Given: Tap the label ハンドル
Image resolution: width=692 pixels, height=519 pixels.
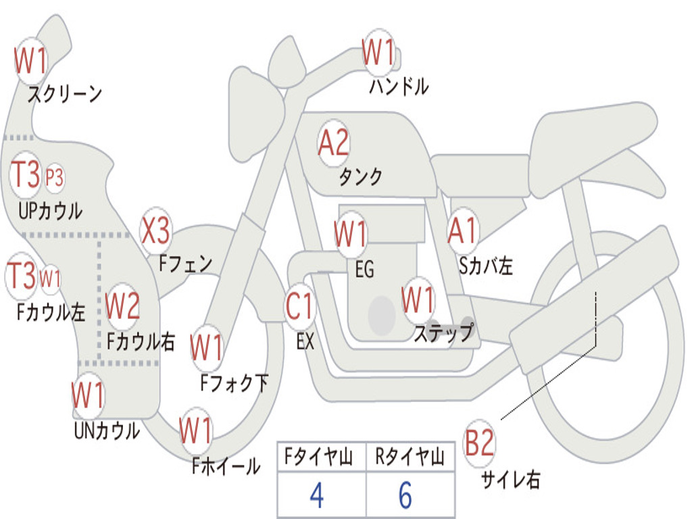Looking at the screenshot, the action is pyautogui.click(x=399, y=86).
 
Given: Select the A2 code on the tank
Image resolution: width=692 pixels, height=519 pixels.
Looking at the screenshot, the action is pyautogui.click(x=334, y=143).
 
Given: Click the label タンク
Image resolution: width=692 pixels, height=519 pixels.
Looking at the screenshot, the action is pyautogui.click(x=360, y=176).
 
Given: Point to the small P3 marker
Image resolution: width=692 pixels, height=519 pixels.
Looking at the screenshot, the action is pyautogui.click(x=54, y=178).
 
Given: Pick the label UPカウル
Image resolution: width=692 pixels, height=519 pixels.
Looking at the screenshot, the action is pyautogui.click(x=50, y=211).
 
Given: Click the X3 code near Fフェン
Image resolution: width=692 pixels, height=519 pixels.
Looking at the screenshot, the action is pyautogui.click(x=155, y=230).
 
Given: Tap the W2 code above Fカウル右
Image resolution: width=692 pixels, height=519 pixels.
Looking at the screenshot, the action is pyautogui.click(x=123, y=305).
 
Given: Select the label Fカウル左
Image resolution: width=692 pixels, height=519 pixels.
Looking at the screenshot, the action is pyautogui.click(x=51, y=312).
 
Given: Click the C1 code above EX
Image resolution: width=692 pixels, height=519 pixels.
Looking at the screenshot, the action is pyautogui.click(x=299, y=306).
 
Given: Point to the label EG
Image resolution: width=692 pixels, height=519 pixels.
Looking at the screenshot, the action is pyautogui.click(x=364, y=269).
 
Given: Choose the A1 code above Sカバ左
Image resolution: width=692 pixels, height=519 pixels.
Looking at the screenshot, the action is pyautogui.click(x=462, y=230).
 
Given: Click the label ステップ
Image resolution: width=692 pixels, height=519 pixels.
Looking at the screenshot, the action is pyautogui.click(x=443, y=332).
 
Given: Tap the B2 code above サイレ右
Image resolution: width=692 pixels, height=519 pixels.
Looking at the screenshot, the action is pyautogui.click(x=479, y=443).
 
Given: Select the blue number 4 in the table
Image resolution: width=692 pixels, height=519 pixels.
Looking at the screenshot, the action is pyautogui.click(x=317, y=495).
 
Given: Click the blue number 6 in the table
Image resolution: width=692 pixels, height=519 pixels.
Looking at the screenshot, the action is pyautogui.click(x=405, y=495).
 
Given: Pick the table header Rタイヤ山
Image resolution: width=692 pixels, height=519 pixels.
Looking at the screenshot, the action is pyautogui.click(x=410, y=456).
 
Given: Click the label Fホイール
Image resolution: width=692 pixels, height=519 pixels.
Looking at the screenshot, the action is pyautogui.click(x=226, y=466).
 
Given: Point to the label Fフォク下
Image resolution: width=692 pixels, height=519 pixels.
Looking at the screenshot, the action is pyautogui.click(x=234, y=383).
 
